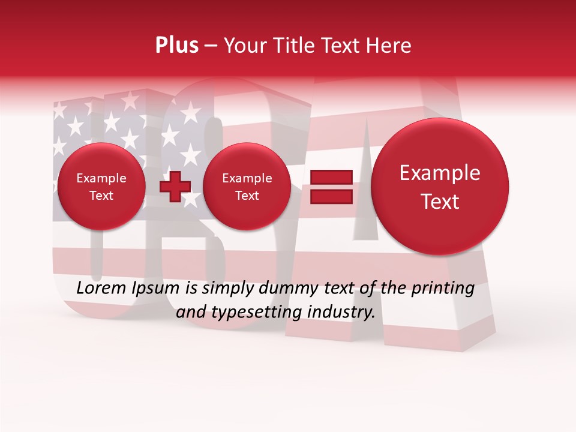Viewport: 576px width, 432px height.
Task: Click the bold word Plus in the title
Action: click(x=177, y=46)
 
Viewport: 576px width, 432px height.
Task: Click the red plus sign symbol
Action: click(x=175, y=187)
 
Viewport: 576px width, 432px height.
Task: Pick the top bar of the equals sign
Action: click(x=331, y=177)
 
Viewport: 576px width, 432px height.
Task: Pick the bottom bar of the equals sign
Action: click(x=331, y=196)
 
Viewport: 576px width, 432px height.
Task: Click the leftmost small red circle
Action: click(x=101, y=187)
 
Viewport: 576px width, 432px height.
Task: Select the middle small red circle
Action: click(x=247, y=187)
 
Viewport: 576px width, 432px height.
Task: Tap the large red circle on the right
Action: click(x=440, y=186)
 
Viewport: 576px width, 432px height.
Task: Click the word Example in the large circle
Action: click(x=440, y=173)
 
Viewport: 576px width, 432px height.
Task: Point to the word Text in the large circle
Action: click(x=440, y=202)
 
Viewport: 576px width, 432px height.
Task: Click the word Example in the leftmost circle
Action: click(x=101, y=178)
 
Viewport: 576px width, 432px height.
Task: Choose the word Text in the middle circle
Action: click(x=247, y=196)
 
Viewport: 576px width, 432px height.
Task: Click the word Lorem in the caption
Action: click(x=101, y=289)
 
